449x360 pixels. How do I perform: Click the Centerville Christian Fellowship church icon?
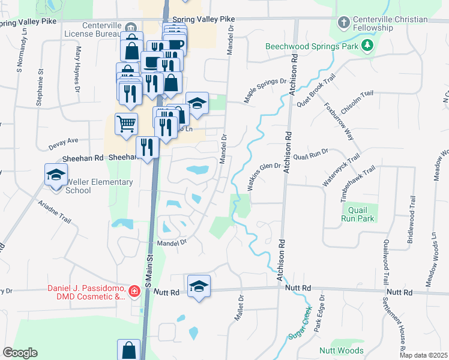[x=343, y=23]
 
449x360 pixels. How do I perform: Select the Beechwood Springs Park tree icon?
[x=367, y=46]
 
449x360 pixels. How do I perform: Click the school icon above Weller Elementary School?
[x=56, y=175]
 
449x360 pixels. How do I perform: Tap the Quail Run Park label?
[x=358, y=214]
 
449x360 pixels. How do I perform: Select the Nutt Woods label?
[x=341, y=350]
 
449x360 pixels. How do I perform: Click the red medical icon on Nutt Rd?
[x=134, y=292]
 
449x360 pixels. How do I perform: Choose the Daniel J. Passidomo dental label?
[x=87, y=292]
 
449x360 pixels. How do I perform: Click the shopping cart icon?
[x=126, y=124]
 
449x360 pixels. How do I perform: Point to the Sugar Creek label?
[x=300, y=325]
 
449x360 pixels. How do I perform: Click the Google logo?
[x=20, y=353]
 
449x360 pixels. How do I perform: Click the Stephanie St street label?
[x=40, y=88]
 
